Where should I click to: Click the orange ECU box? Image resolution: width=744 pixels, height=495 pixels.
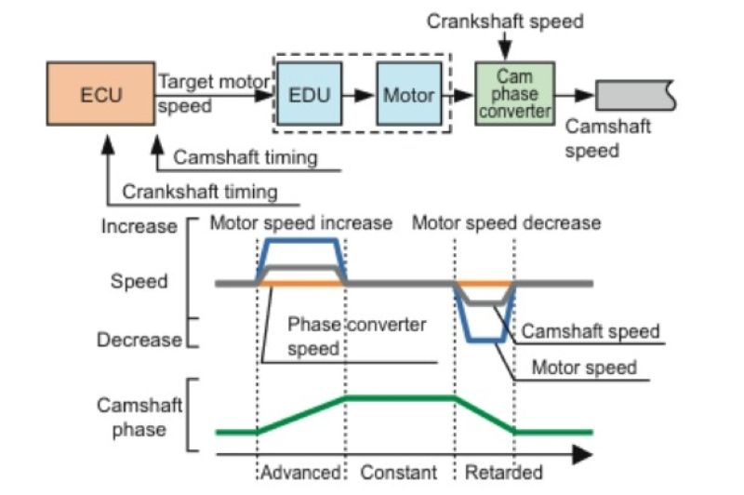click(x=100, y=94)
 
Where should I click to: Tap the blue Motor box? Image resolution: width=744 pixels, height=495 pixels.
click(x=408, y=94)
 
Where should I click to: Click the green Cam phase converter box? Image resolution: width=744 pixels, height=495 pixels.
click(x=514, y=93)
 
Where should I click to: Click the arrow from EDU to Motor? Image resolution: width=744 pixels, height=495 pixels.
click(x=360, y=94)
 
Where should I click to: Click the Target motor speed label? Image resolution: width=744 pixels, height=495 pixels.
click(x=213, y=93)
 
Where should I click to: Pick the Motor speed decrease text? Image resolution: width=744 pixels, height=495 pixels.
click(x=506, y=223)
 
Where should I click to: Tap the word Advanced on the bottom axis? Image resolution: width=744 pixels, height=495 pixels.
click(x=302, y=474)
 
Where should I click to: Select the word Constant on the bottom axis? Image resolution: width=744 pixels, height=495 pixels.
click(x=399, y=474)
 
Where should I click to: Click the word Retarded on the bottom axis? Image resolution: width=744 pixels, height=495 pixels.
click(x=503, y=474)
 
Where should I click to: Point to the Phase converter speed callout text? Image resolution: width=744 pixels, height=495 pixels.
click(x=356, y=337)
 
